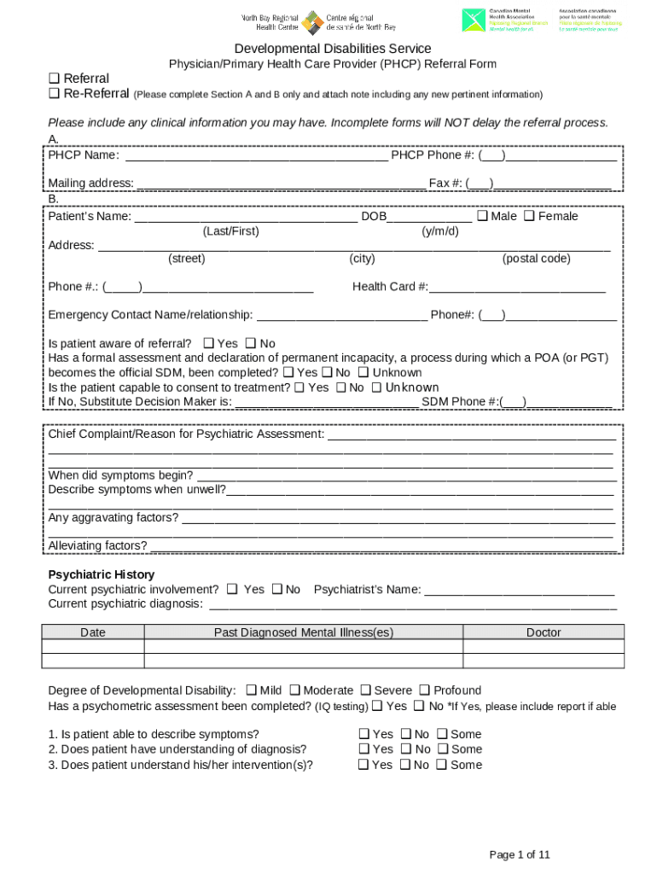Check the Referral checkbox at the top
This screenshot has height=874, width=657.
click(54, 79)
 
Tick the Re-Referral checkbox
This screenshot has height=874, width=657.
click(54, 94)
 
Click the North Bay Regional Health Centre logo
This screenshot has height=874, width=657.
click(318, 21)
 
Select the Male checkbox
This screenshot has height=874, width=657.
click(482, 216)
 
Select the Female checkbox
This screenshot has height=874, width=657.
click(529, 216)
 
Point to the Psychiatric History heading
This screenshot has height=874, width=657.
click(101, 574)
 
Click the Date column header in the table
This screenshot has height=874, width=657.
click(93, 632)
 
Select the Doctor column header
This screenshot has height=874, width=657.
click(544, 632)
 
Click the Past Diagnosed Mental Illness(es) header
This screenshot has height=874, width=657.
click(303, 632)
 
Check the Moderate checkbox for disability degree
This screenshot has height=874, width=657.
click(294, 690)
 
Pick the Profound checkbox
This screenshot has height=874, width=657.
click(424, 690)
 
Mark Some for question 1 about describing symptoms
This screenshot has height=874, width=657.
click(442, 734)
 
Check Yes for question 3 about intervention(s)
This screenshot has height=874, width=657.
click(363, 765)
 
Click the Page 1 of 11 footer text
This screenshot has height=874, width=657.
click(519, 854)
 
